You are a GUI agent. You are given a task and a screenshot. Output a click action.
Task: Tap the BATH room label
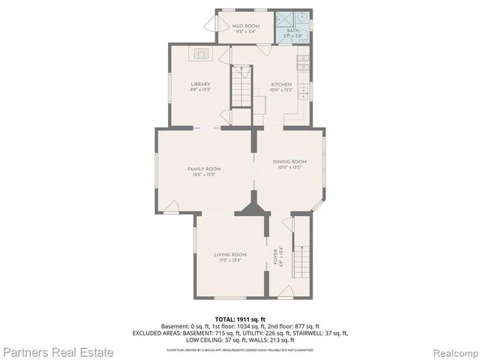pyautogui.click(x=292, y=30)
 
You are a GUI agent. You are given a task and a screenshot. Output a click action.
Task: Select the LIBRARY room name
pyautogui.click(x=200, y=84)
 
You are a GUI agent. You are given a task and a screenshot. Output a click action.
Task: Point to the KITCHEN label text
pyautogui.click(x=281, y=84)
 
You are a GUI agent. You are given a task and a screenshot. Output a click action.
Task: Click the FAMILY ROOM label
pyautogui.click(x=203, y=169)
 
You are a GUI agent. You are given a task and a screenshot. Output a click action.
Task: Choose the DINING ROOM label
pyautogui.click(x=289, y=161)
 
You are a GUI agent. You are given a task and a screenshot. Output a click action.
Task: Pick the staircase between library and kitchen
pyautogui.click(x=241, y=88)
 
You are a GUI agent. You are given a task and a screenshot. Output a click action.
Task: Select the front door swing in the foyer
pyautogui.click(x=284, y=292)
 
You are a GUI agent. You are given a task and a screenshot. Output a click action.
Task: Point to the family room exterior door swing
pyautogui.click(x=171, y=206)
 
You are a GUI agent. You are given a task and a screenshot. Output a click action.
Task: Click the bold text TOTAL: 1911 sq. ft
pyautogui.click(x=240, y=319)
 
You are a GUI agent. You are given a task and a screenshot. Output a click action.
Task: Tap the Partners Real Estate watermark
pyautogui.click(x=58, y=351)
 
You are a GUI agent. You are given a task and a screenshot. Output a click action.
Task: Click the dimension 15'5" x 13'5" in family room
pyautogui.click(x=203, y=175)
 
